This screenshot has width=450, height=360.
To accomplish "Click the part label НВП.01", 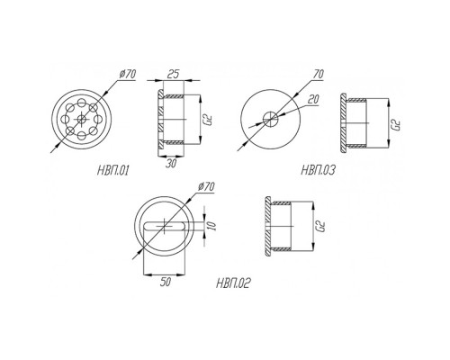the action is [113, 171].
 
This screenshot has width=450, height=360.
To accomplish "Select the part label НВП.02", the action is [233, 283].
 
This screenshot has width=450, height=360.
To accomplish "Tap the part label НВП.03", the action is [318, 170].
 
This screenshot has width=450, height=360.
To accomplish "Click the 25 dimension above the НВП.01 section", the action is [173, 74].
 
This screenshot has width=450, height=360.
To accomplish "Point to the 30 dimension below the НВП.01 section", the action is [171, 163].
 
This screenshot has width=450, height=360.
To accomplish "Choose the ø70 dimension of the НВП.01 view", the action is [127, 74].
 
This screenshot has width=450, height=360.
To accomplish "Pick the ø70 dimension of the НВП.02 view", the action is [206, 186].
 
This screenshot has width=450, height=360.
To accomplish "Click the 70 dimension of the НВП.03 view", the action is [319, 74].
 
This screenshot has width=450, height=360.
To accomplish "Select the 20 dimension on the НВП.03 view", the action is [313, 99].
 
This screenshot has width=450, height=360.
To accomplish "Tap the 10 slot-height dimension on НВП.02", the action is [211, 226].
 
